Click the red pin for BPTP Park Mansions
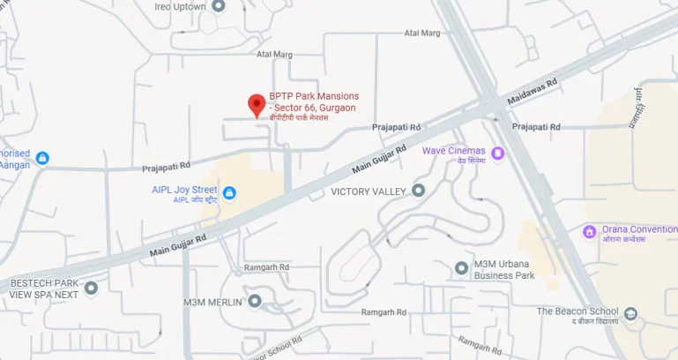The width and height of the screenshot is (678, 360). tap(257, 105)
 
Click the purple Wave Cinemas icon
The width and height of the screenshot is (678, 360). tap(498, 154)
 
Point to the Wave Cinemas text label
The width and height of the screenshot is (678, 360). tap(453, 151)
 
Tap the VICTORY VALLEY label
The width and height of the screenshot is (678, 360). tap(368, 191)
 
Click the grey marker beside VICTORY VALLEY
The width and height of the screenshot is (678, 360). tap(419, 191)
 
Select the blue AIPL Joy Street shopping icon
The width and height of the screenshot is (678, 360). tap(229, 192)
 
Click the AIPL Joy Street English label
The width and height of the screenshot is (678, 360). tap(184, 189)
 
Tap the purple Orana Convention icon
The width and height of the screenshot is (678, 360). tap(590, 231)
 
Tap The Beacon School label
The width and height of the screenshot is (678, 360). tap(577, 311)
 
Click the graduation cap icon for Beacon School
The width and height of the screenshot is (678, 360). tap(630, 313)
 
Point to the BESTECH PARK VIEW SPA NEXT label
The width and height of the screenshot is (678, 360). tap(44, 289)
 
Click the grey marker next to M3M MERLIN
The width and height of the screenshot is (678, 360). tap(255, 301)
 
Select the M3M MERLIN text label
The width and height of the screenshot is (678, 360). tap(212, 302)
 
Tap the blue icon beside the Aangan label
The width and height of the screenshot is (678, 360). tap(41, 158)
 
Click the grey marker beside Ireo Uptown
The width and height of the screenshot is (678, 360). tap(219, 5)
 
